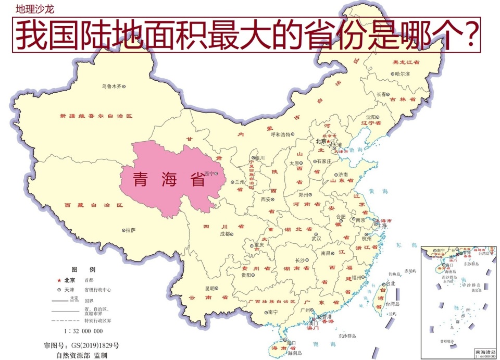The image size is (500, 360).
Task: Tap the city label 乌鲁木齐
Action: click(111, 86)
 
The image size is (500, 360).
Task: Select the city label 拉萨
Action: click(131, 229)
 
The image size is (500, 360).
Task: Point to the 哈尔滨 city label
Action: click(402, 74)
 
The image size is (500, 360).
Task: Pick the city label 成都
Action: click(224, 234)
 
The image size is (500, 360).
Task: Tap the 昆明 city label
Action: click(210, 288)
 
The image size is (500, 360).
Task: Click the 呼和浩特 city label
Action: click(281, 134)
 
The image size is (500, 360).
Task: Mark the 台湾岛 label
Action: click(392, 304)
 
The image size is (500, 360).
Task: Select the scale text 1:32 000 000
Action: click(83, 331)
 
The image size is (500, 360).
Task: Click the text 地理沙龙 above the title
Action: click(34, 9)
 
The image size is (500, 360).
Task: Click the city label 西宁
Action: click(210, 173)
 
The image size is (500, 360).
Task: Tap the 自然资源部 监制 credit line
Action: click(82, 355)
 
